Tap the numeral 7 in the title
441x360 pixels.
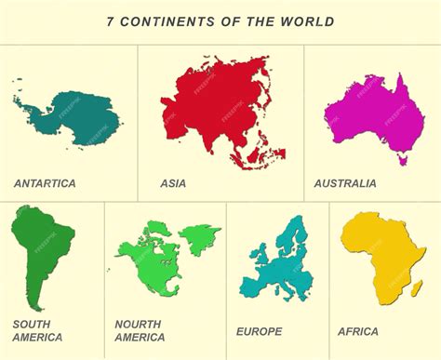(x=111, y=20)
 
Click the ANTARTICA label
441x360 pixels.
(x=45, y=183)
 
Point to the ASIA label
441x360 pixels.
(x=173, y=183)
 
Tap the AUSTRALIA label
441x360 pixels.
(x=345, y=183)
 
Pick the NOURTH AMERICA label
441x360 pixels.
(x=140, y=330)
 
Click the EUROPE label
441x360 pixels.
(x=259, y=331)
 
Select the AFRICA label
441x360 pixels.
(x=358, y=331)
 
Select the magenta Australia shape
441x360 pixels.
(x=372, y=116)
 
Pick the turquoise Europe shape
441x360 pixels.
(x=279, y=265)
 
